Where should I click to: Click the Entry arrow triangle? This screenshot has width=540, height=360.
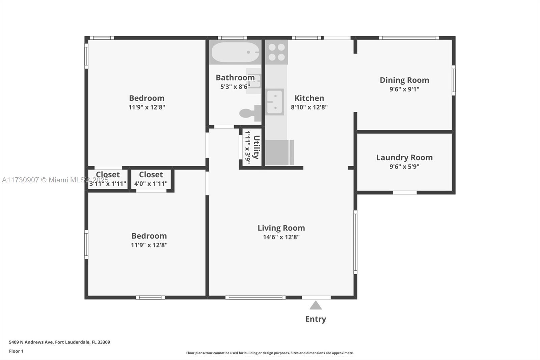coord(316,306)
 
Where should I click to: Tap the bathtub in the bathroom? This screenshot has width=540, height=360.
coord(235,52)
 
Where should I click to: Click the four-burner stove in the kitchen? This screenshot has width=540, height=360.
coord(276,52)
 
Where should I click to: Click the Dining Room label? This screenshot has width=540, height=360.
coord(404,80)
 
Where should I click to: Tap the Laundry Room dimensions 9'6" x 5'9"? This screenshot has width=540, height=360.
coord(404,166)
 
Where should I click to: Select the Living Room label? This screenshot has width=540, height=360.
coord(281,228)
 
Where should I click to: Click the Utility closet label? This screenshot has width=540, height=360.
coord(256,147)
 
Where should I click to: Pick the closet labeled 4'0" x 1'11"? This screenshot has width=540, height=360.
coord(151,179)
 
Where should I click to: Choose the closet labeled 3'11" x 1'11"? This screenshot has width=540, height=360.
coord(108,179)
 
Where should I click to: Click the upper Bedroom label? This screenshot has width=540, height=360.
coord(146,98)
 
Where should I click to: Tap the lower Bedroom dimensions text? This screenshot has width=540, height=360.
coord(149,245)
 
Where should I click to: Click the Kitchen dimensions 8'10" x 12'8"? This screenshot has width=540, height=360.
coord(309,107)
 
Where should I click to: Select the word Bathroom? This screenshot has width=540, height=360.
coord(235,78)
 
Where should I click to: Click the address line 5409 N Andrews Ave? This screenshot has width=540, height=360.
coord(59,342)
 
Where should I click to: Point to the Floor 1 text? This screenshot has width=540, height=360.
coord(16,351)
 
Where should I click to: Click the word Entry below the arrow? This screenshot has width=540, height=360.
coord(316,319)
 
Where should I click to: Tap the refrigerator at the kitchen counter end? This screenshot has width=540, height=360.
coord(279,152)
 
